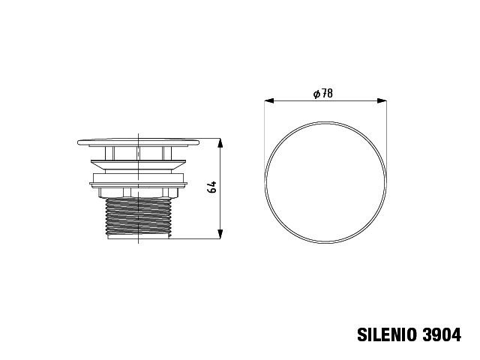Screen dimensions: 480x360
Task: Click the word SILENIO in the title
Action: click(387, 334)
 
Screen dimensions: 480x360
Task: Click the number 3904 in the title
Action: click(442, 334)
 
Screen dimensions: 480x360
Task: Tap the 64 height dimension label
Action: click(211, 187)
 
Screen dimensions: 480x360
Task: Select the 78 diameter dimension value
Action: click(327, 93)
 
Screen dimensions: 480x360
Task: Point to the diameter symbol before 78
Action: click(316, 94)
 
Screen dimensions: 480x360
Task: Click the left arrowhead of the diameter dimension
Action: click(269, 100)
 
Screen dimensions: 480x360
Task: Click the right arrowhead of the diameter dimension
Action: click(382, 100)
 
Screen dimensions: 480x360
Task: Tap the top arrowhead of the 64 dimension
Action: click(220, 143)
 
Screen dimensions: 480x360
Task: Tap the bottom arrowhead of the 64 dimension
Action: click(220, 234)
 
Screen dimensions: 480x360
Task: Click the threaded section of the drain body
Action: click(138, 216)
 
